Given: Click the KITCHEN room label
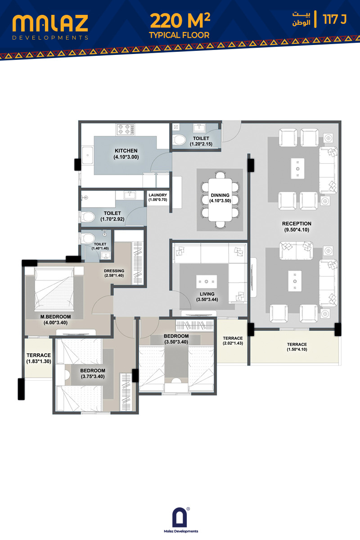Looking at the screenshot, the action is click(126, 151).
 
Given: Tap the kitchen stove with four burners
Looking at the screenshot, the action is click(126, 129).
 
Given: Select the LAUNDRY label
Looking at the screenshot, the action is click(157, 195).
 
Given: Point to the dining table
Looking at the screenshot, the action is click(220, 200).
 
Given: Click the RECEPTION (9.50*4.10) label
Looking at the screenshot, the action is click(297, 227).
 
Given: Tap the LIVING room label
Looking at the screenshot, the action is click(207, 294).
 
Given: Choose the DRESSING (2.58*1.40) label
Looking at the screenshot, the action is click(114, 273).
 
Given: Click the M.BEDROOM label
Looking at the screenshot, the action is click(55, 317).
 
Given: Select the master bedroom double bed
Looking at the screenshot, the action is click(54, 288).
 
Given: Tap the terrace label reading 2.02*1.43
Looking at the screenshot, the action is click(233, 341).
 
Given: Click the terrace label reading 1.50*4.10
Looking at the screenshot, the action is click(297, 347).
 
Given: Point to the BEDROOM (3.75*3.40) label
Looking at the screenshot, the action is click(93, 373).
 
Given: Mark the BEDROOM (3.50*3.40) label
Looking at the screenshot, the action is click(176, 339).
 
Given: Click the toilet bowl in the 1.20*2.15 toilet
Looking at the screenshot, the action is click(180, 139).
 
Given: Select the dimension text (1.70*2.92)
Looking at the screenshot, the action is click(112, 219).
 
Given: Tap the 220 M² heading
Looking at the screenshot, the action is click(180, 20).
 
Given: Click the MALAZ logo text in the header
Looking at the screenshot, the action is click(50, 23).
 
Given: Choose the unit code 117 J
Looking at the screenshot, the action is click(335, 19).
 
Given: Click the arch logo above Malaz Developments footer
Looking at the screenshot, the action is click(180, 517).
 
